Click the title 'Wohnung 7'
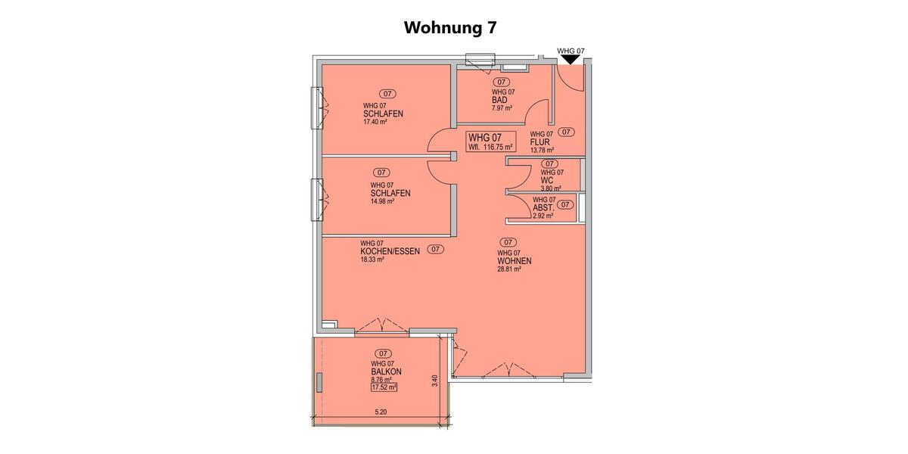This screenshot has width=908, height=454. [x=450, y=28]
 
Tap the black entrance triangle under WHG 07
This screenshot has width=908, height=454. [x=571, y=69]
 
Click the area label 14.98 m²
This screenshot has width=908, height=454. [x=383, y=201]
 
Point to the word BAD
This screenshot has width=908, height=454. [x=499, y=100]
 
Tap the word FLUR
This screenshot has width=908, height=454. [x=540, y=142]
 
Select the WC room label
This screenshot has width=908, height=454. [x=547, y=180]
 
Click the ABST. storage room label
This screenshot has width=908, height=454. [x=543, y=207]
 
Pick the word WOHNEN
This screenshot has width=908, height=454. [x=514, y=261]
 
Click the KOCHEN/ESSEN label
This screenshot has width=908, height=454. [x=390, y=250]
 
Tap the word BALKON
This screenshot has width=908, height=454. [x=386, y=372]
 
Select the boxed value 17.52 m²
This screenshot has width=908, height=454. [x=384, y=387]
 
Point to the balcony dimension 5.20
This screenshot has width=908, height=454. [x=381, y=412]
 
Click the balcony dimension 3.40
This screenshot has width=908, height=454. [x=434, y=381]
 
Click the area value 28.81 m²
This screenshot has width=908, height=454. [x=509, y=269]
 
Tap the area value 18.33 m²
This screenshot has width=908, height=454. [x=372, y=259]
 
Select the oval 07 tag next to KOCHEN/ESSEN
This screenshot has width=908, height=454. [x=435, y=249]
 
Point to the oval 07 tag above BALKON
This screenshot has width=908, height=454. [x=383, y=353]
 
